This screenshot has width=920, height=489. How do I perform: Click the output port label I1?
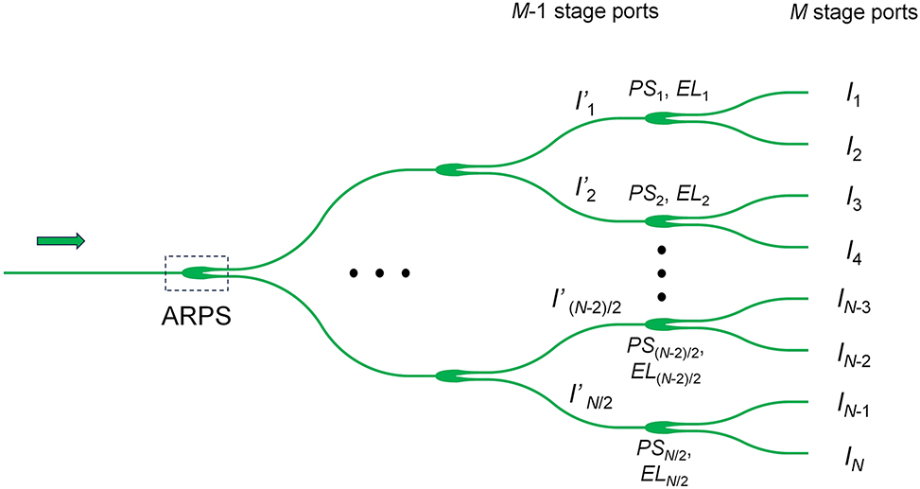pyautogui.click(x=855, y=94)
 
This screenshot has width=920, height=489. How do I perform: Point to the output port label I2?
pyautogui.click(x=855, y=148)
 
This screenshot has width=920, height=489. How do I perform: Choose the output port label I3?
pyautogui.click(x=855, y=201)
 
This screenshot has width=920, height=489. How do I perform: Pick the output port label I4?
pyautogui.click(x=855, y=254)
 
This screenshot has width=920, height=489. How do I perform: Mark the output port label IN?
pyautogui.click(x=855, y=461)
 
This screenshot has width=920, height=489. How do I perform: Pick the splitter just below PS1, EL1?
pyautogui.click(x=661, y=118)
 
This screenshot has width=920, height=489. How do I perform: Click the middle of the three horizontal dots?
pyautogui.click(x=379, y=273)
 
